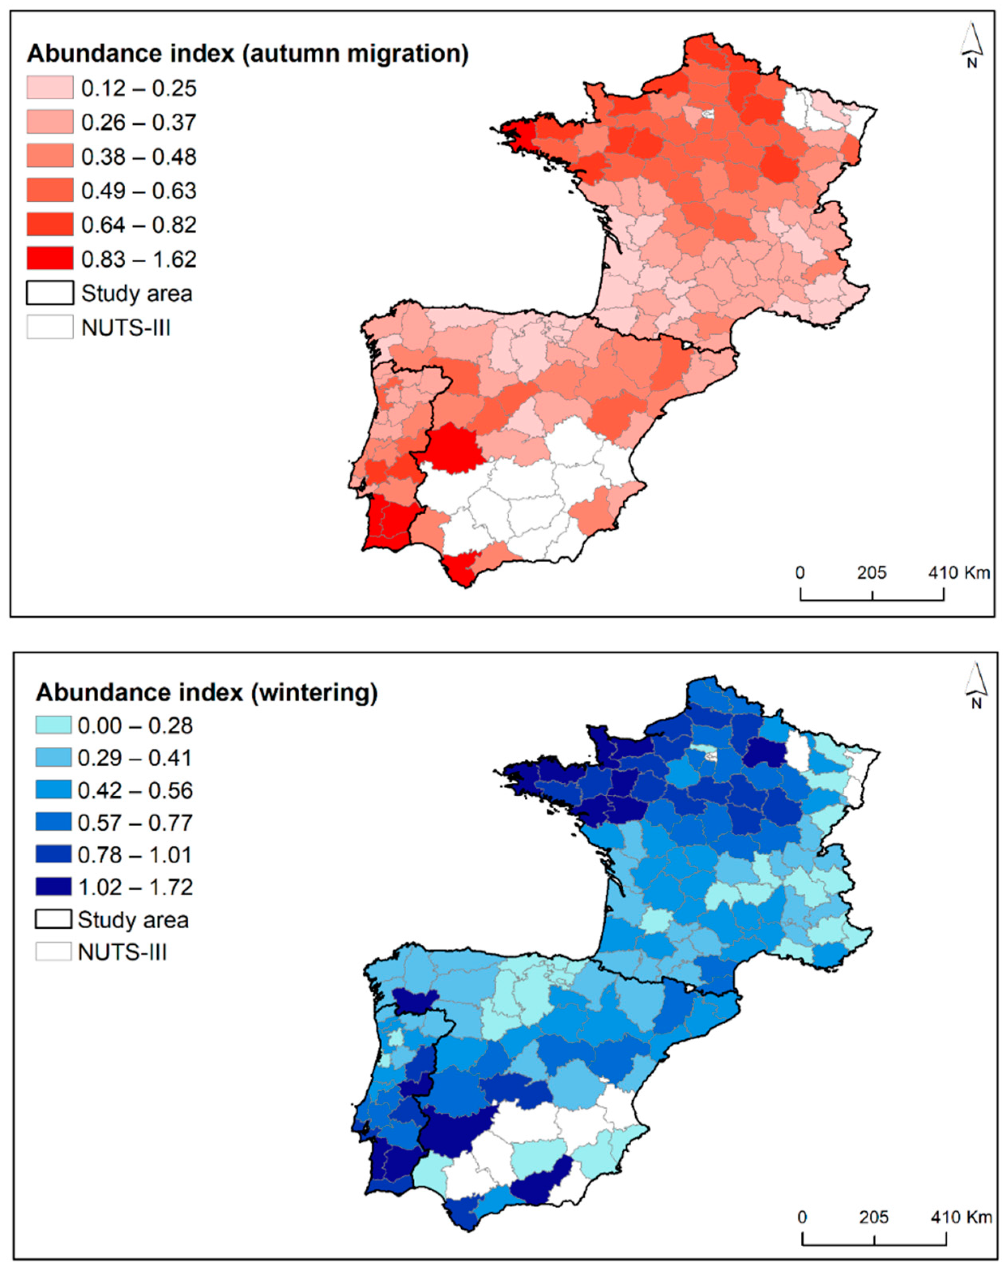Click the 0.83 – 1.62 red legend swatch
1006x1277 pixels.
click(x=50, y=259)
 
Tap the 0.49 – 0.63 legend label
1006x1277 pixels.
click(x=138, y=191)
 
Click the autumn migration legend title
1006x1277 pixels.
click(x=247, y=53)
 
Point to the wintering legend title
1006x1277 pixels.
click(x=206, y=693)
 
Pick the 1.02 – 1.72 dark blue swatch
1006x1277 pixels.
click(x=53, y=887)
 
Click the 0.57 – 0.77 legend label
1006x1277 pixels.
click(x=135, y=823)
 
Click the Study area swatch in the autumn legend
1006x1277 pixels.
click(x=50, y=292)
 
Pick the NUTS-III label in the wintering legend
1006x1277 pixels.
click(x=122, y=952)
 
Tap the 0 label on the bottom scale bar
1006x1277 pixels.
click(x=802, y=1217)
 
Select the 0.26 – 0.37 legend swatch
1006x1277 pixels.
click(x=50, y=122)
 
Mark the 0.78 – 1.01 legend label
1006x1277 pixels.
click(x=135, y=855)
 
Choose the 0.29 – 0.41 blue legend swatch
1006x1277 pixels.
click(x=53, y=758)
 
